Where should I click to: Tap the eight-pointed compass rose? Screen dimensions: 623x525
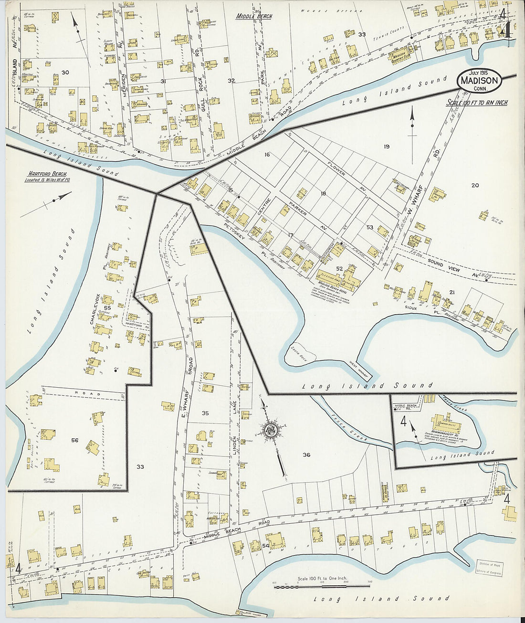click(271, 430)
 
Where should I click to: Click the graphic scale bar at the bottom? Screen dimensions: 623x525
click(323, 586)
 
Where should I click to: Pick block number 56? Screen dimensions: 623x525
click(74, 440)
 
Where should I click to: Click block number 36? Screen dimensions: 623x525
click(306, 454)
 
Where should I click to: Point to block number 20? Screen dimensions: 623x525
click(474, 185)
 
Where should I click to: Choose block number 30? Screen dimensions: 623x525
click(65, 72)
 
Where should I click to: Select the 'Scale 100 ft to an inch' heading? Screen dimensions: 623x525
click(477, 103)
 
